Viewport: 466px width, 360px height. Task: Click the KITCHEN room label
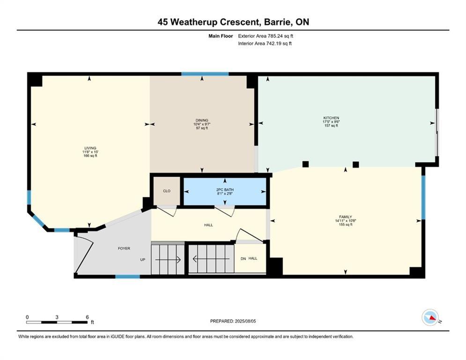[331, 118]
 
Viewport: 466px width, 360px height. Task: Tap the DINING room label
[202, 120]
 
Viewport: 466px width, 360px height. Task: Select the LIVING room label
[90, 148]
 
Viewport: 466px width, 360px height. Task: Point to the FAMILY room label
[345, 217]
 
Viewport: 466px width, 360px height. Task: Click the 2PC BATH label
[225, 189]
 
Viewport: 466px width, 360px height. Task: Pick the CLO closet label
[167, 191]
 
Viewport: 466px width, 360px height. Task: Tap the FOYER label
[124, 248]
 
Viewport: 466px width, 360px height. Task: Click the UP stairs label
[143, 259]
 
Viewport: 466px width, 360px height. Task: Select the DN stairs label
[243, 259]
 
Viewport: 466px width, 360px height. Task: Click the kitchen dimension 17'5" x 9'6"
[331, 122]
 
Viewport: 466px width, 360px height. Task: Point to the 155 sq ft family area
[345, 225]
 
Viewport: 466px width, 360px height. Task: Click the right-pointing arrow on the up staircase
[168, 260]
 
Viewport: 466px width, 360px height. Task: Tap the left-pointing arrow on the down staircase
[211, 259]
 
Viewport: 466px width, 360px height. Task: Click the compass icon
[430, 317]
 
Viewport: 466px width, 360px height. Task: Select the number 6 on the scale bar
[87, 317]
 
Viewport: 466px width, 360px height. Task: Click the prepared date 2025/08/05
[245, 321]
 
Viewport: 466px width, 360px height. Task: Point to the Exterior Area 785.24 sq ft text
[266, 36]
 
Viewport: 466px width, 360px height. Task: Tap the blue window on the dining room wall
[205, 74]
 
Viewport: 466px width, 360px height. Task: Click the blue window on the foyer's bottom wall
[127, 277]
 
